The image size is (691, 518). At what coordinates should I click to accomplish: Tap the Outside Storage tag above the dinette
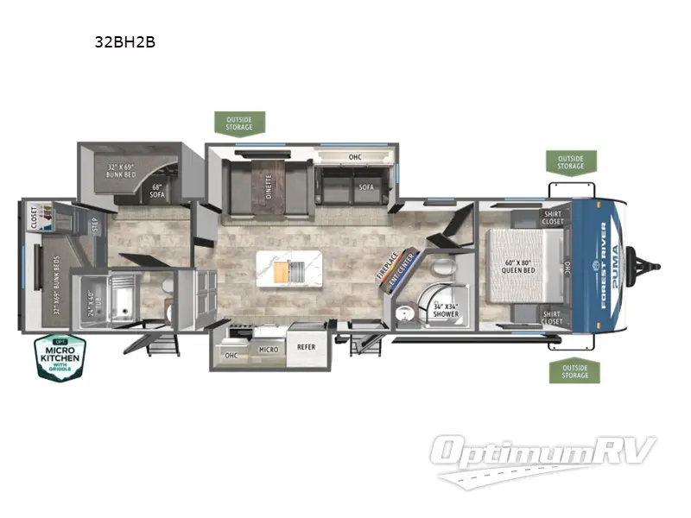point(239,123)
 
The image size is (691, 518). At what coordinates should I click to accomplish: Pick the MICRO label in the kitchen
point(268,350)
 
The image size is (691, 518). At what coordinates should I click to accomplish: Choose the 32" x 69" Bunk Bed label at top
point(124,171)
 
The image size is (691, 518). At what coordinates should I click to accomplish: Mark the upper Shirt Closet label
point(554,218)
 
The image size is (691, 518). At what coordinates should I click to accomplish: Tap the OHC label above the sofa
point(354,157)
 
